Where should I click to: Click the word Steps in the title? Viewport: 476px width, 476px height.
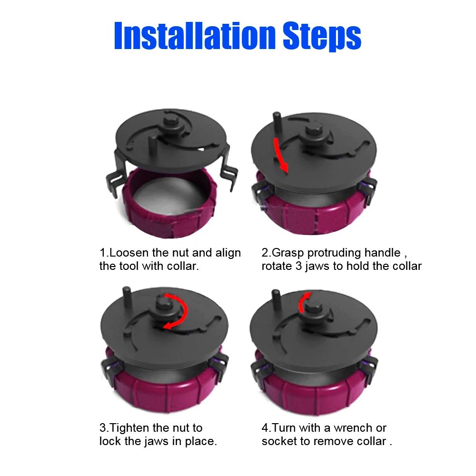(322, 37)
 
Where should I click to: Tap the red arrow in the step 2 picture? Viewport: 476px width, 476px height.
(281, 155)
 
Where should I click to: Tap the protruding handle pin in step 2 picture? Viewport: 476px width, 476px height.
(277, 124)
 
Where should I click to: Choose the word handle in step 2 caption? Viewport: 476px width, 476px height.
(382, 253)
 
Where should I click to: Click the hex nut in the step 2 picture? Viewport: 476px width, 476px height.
(312, 130)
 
